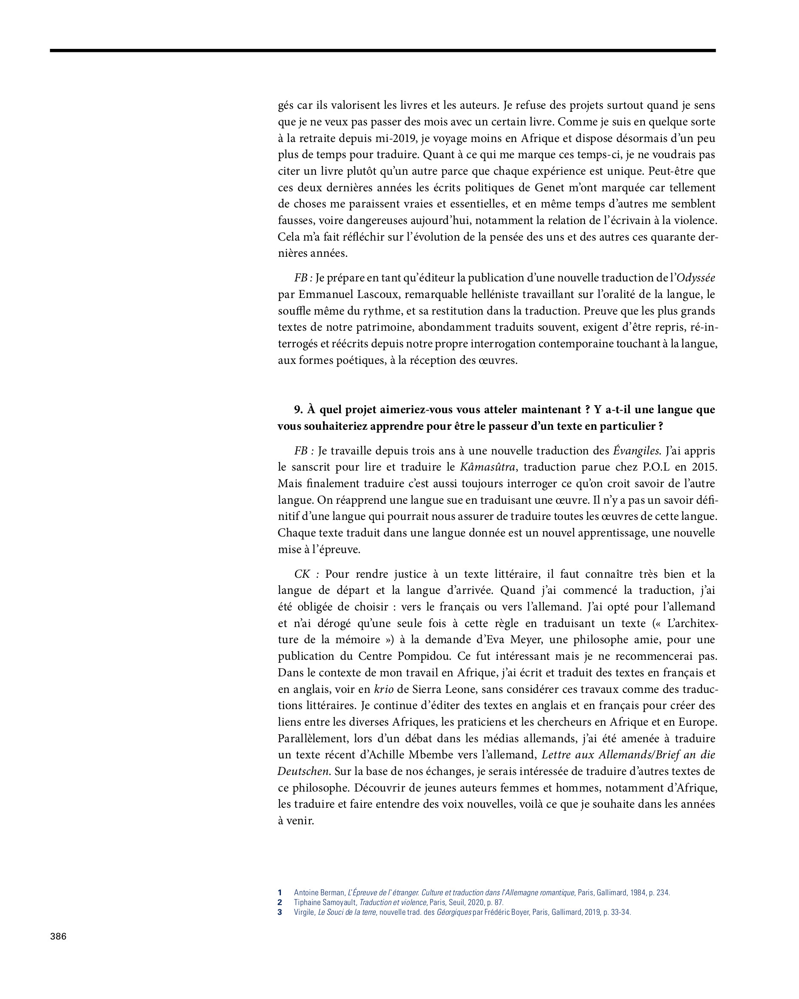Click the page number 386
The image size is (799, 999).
click(58, 936)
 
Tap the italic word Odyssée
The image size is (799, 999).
click(696, 278)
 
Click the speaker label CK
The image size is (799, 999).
click(302, 574)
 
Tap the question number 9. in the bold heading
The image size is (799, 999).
click(299, 410)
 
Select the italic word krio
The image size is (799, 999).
click(383, 690)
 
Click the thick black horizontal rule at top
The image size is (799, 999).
click(382, 50)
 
